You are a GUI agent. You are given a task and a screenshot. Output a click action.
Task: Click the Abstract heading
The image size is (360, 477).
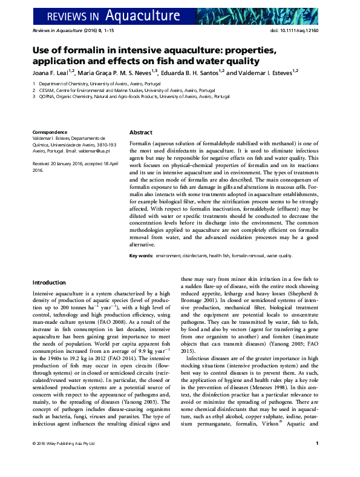pos(141,133)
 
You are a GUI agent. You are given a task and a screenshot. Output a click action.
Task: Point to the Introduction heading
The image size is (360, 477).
pos(49,283)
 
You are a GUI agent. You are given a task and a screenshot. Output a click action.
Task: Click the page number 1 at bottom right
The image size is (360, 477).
pos(318,461)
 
